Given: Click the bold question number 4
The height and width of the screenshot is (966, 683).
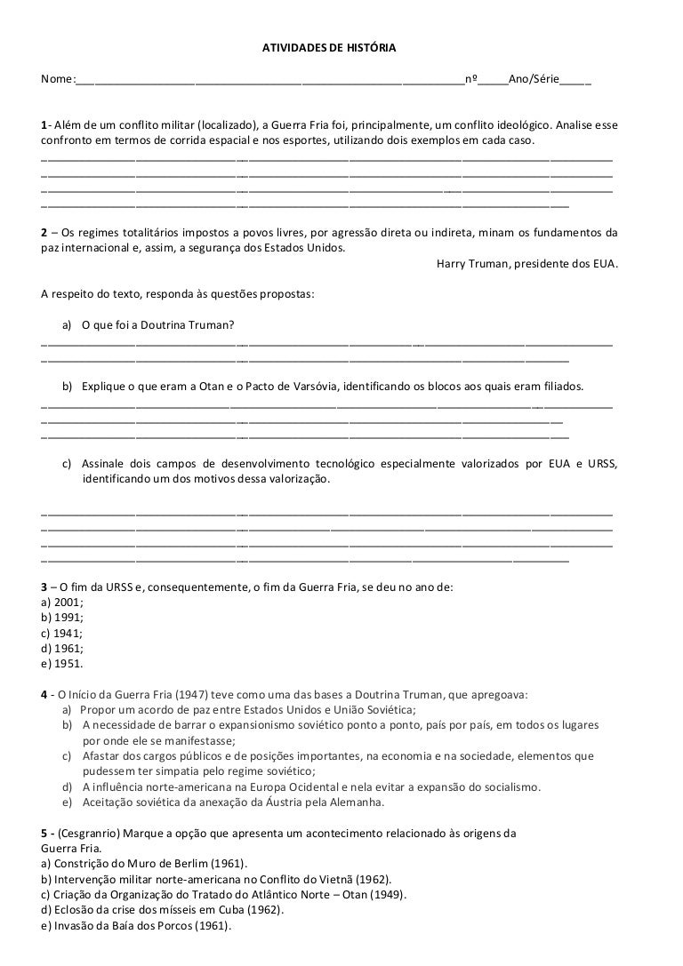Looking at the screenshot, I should (x=44, y=693).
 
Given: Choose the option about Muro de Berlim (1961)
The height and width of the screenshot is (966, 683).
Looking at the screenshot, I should (x=145, y=863).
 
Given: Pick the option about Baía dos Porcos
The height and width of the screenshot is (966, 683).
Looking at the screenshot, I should (x=136, y=924).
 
